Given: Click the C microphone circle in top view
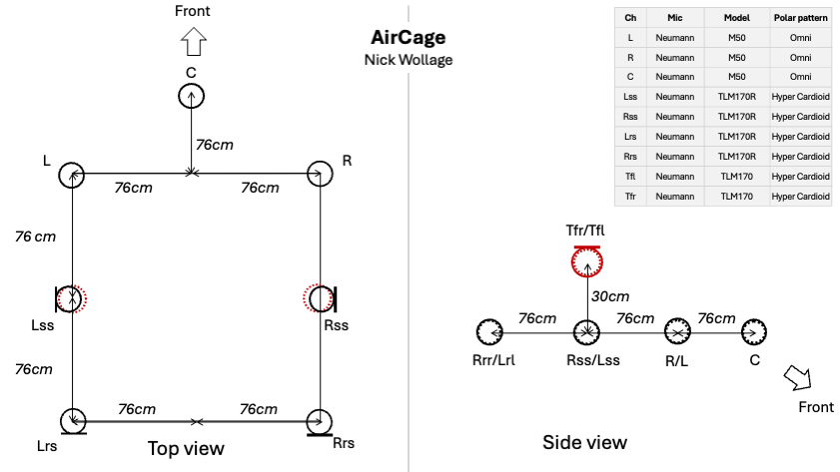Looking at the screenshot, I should coord(191,95).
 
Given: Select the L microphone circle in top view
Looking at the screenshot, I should coord(72,174).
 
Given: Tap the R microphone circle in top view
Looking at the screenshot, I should coord(320,174).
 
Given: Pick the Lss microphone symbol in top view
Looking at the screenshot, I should coord(70,297).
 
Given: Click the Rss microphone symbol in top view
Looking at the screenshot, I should coord(319,297).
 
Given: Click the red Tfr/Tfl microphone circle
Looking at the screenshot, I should coord(585,261).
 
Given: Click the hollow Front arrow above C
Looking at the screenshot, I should coord(193,43).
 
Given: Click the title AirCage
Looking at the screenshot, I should coord(408,38).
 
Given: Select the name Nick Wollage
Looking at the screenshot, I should coord(408,61).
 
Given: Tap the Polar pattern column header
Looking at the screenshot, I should coord(800,19).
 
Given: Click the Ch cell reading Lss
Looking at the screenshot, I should coord(630,97).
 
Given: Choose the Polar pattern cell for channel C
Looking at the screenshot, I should coord(800,77).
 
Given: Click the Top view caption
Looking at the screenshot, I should coord(186,448).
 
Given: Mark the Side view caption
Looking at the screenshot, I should coord(584,442).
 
